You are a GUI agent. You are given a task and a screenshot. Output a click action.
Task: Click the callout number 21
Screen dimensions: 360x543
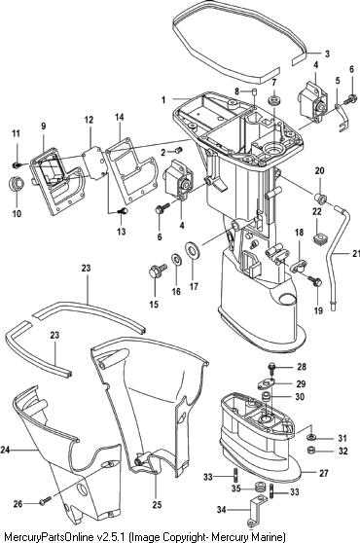pyautogui.click(x=356, y=253)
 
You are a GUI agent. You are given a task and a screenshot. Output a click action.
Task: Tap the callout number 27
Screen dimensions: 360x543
pyautogui.click(x=323, y=473)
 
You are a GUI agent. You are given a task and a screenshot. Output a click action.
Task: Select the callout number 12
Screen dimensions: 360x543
pyautogui.click(x=89, y=120)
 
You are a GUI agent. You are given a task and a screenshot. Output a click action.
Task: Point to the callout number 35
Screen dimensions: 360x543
pyautogui.click(x=235, y=489)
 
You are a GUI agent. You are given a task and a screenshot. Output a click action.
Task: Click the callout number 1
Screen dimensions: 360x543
pyautogui.click(x=163, y=100)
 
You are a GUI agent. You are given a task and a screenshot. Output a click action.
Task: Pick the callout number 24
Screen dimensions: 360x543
pyautogui.click(x=5, y=450)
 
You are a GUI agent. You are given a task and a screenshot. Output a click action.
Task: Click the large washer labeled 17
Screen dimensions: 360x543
pyautogui.click(x=191, y=250)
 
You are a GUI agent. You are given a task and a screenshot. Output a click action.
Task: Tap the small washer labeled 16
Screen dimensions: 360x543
pyautogui.click(x=176, y=259)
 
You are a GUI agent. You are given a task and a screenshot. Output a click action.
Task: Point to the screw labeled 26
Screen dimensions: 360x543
pyautogui.click(x=45, y=500)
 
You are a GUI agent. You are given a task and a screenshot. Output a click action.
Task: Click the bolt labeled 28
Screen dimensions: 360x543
pyautogui.click(x=271, y=369)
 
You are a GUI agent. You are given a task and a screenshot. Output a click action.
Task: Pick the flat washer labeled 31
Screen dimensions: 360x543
pyautogui.click(x=310, y=437)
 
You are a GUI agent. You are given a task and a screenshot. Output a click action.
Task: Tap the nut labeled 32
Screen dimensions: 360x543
pyautogui.click(x=311, y=451)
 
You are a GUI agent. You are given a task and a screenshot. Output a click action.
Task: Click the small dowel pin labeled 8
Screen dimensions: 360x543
pyautogui.click(x=254, y=91)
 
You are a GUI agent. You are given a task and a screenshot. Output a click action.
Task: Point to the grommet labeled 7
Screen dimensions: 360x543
pyautogui.click(x=274, y=101)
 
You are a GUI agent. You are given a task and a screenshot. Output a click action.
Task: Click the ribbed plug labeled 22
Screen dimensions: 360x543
pyautogui.click(x=318, y=239)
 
